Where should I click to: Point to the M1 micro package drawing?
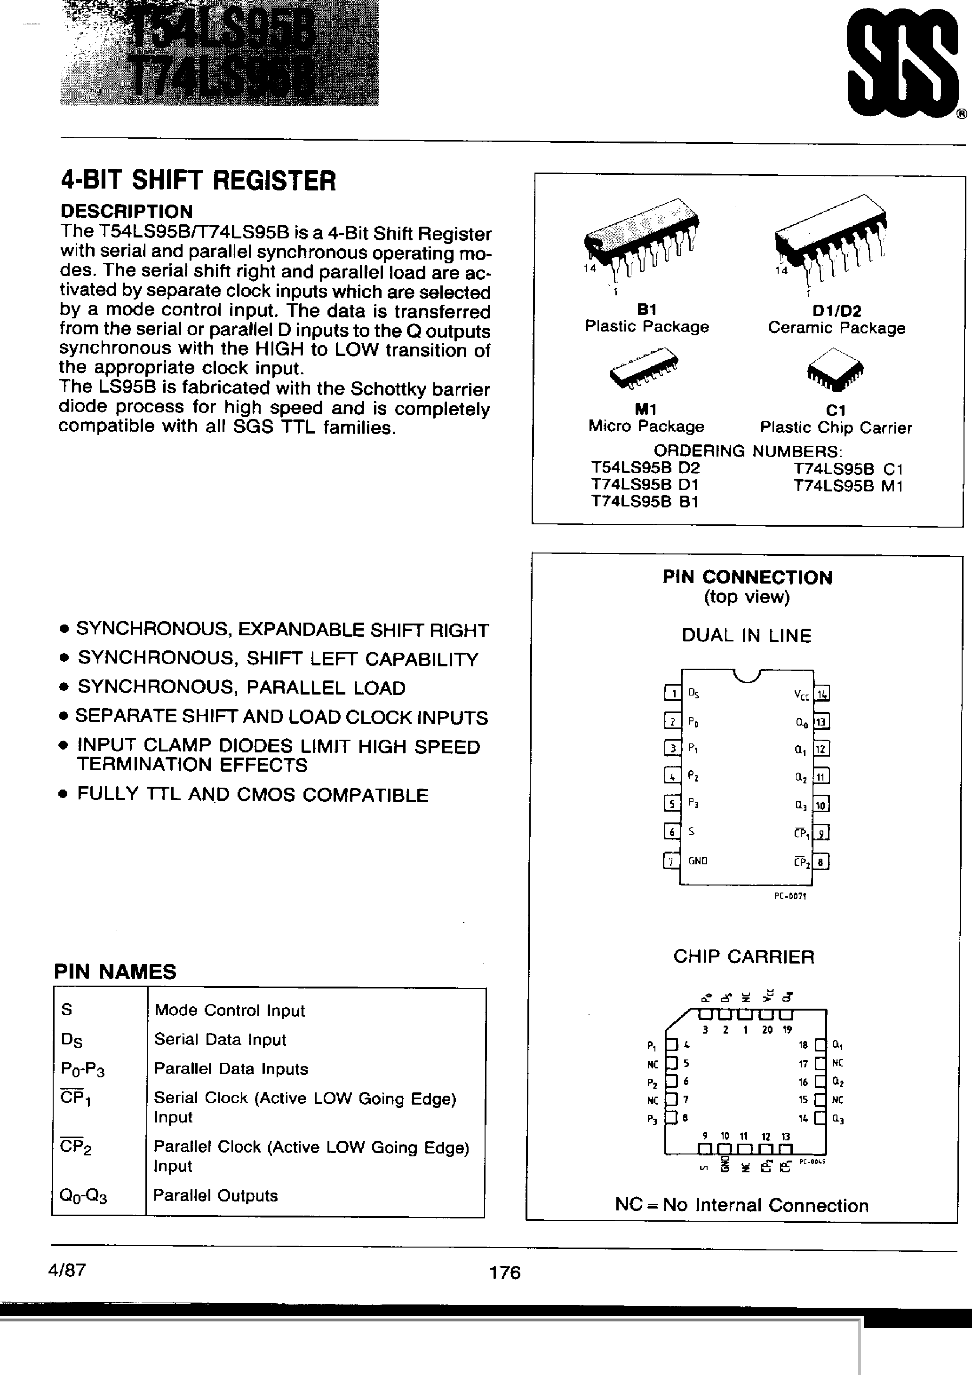(x=644, y=370)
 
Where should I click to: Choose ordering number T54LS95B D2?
(x=645, y=468)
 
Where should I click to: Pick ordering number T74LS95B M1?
(x=847, y=486)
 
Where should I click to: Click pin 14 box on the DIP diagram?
(x=821, y=694)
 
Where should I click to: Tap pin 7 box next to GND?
(x=672, y=861)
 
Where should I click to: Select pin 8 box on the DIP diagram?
(x=821, y=862)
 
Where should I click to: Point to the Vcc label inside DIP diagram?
(x=801, y=695)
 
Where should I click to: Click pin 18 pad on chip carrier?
(x=821, y=1045)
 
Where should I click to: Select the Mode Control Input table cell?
(x=230, y=1010)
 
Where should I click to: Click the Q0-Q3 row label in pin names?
(x=83, y=1195)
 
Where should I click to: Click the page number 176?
(x=504, y=1272)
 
